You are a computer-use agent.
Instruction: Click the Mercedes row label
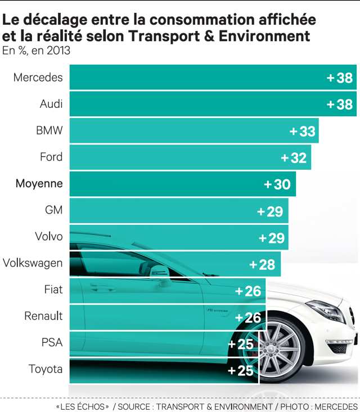tap(38, 78)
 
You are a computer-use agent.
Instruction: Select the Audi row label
tap(51, 104)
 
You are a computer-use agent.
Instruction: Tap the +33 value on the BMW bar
tap(302, 131)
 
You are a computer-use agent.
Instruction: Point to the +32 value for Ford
tap(294, 158)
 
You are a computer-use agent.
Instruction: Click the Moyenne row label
tap(39, 183)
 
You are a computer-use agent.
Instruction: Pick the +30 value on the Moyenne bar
tap(277, 184)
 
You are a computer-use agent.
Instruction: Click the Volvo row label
tap(49, 236)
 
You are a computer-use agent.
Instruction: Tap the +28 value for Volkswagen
tap(262, 264)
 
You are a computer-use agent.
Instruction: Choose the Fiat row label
tap(53, 289)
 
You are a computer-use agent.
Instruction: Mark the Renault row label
tap(43, 316)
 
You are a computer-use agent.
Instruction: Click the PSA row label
tap(52, 342)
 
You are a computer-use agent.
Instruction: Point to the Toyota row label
tap(46, 369)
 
